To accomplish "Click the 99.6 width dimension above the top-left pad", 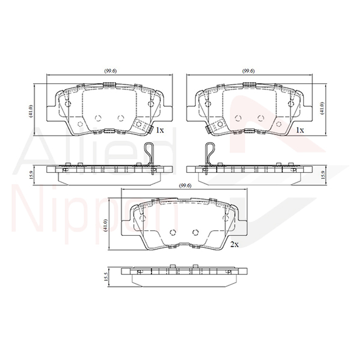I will click(110, 71).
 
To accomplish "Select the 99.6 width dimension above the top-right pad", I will click(248, 71).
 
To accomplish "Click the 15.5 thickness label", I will click(106, 277).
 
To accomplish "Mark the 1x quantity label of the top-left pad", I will click(159, 130).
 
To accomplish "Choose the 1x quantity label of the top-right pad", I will click(300, 130).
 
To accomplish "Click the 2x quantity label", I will click(234, 244).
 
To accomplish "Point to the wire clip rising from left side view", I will click(149, 153).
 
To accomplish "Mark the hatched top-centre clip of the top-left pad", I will click(108, 84).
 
